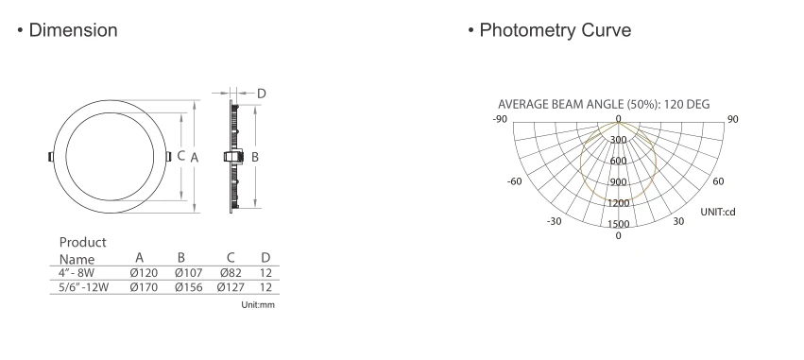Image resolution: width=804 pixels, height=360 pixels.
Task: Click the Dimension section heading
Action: (74, 30)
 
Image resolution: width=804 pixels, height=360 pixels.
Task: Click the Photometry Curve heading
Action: (556, 30)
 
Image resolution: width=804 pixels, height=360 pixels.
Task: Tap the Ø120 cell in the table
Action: (144, 273)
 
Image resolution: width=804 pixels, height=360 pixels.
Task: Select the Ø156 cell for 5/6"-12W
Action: (189, 287)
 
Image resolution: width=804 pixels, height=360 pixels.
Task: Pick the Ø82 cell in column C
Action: (231, 273)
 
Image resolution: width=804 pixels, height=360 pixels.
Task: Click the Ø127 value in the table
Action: (231, 287)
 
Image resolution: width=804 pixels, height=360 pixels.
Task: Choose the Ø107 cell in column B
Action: (189, 273)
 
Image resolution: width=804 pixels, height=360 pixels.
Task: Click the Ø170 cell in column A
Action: (144, 287)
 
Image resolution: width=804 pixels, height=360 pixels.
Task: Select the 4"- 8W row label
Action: (77, 273)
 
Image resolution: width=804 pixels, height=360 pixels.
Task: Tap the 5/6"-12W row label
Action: (83, 287)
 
